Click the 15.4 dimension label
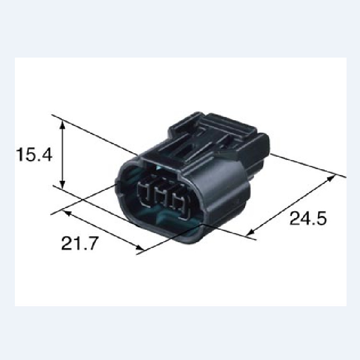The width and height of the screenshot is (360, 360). [x=34, y=154]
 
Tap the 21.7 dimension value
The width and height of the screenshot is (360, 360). [x=80, y=243]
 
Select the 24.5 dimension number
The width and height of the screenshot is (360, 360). [x=308, y=218]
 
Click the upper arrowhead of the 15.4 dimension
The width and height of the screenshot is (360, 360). [x=62, y=124]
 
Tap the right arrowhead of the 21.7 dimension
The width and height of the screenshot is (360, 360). [x=139, y=247]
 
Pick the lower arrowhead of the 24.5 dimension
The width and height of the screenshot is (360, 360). [x=250, y=233]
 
